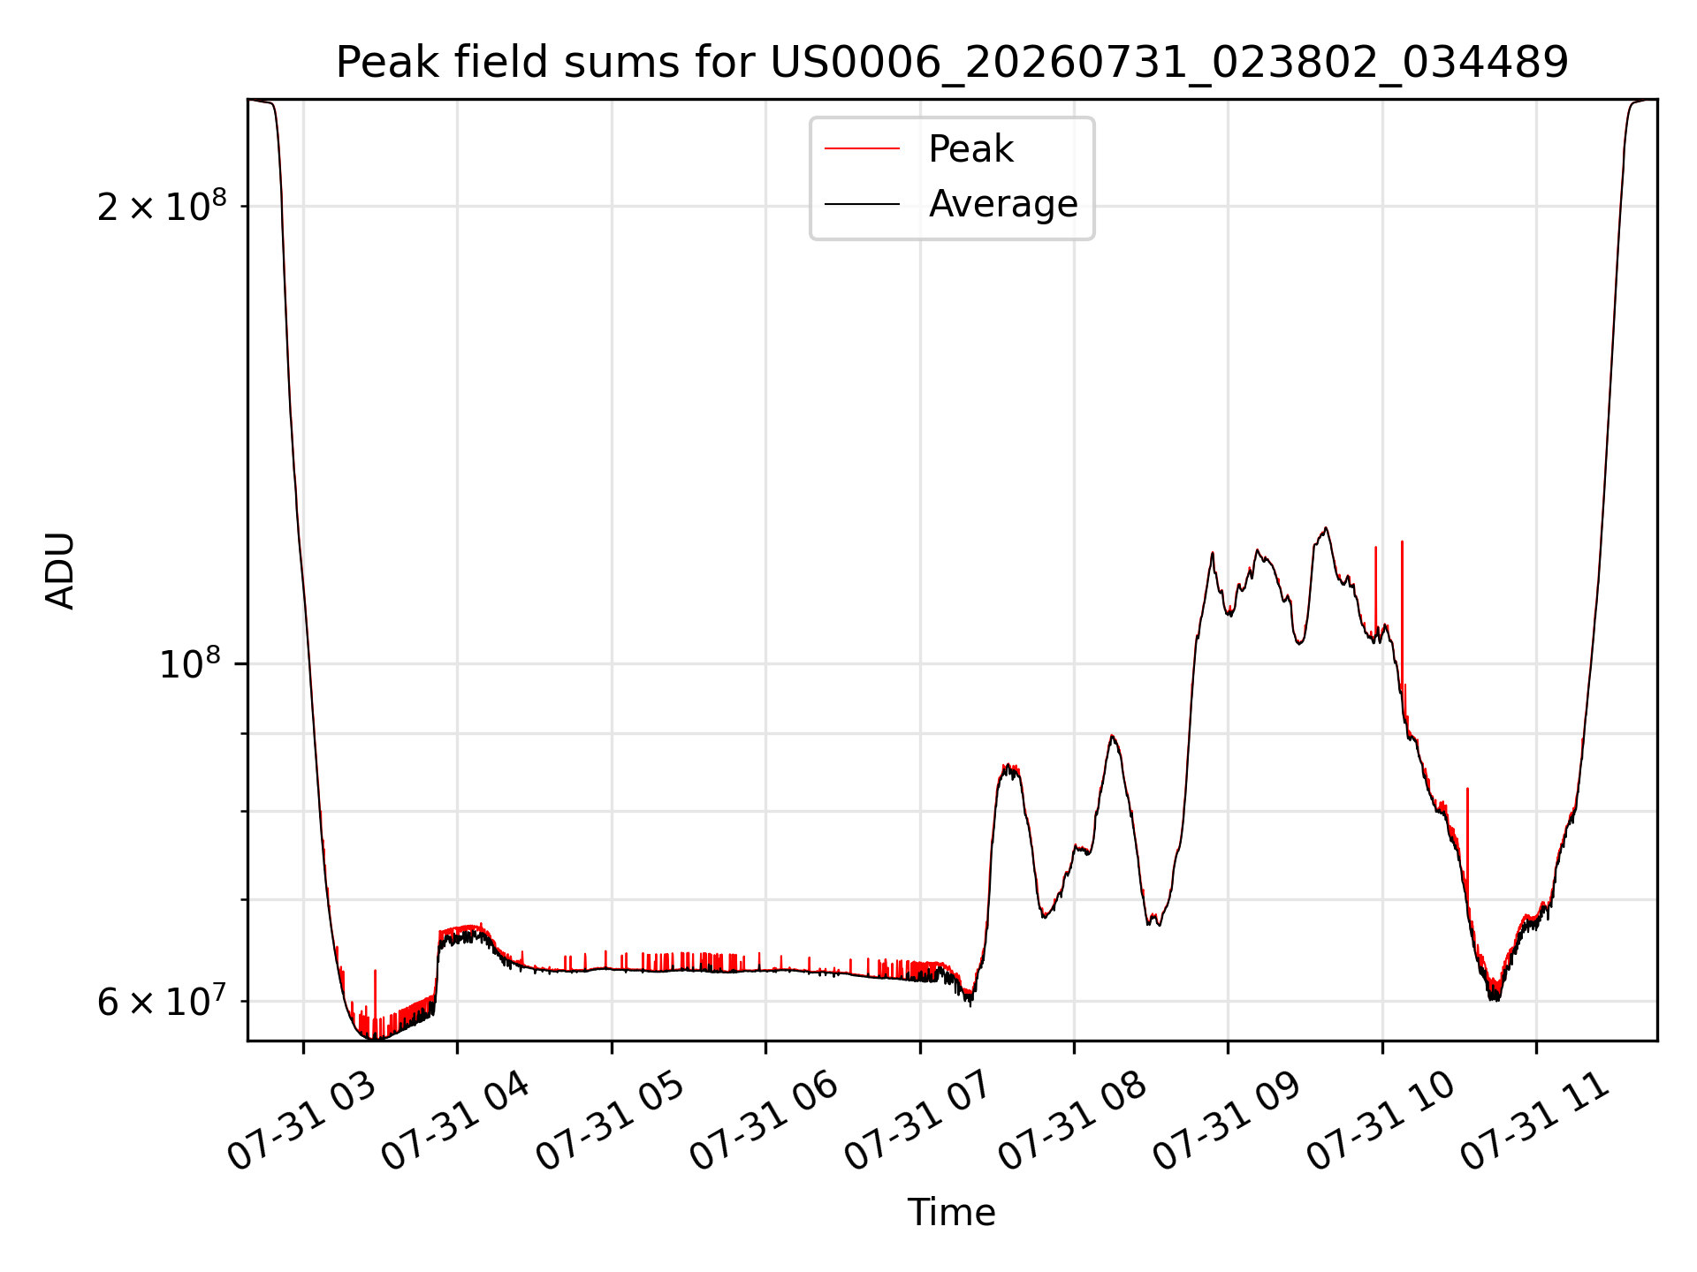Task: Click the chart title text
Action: [952, 63]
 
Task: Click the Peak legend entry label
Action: [970, 149]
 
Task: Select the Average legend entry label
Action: [1003, 204]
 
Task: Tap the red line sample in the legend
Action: [862, 149]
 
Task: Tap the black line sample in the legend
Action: [862, 204]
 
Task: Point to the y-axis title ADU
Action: [60, 570]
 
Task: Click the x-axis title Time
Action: [952, 1213]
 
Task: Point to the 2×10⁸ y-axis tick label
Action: [162, 206]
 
